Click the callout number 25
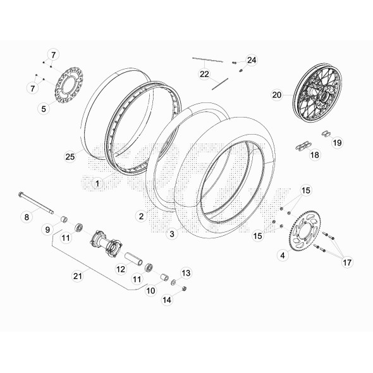70,156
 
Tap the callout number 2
141,216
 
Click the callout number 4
283,255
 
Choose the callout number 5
44,109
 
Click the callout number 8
27,217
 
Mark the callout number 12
120,269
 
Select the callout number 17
347,261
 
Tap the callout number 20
276,95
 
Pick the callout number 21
78,275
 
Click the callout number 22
204,74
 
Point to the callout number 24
252,60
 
